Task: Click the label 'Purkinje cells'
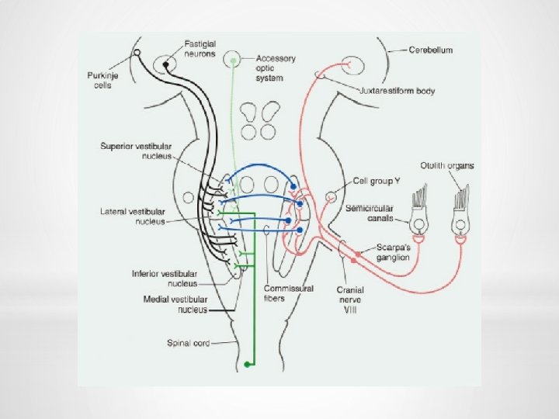99,80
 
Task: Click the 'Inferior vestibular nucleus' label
164,279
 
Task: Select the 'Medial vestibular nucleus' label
175,303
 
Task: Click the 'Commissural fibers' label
288,293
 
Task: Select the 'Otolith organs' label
446,165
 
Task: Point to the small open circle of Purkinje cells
138,54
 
